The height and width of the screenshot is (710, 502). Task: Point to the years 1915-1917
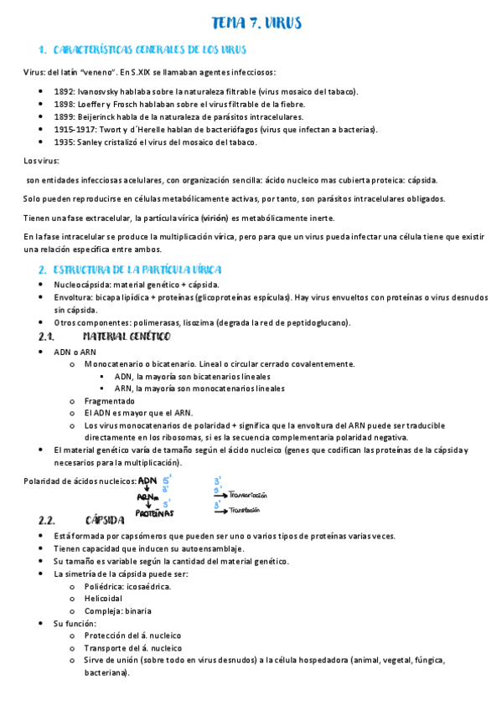[75, 129]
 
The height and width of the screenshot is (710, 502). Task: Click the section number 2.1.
[46, 337]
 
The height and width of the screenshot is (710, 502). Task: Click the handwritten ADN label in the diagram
[147, 481]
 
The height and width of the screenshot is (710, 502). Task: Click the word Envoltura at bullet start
[73, 297]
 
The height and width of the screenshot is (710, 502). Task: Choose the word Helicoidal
[104, 599]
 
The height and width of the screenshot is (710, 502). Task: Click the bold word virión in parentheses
[214, 218]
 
